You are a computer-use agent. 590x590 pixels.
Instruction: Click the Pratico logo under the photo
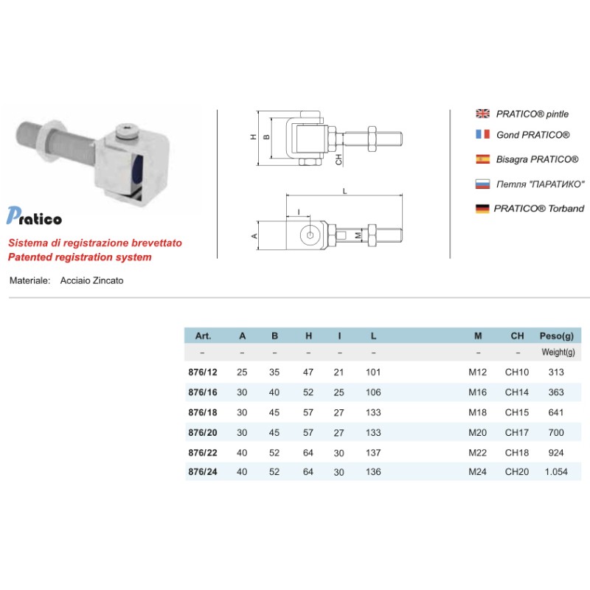click(34, 216)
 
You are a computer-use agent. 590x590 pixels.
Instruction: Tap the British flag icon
click(483, 114)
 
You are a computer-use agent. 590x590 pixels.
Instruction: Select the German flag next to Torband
click(483, 209)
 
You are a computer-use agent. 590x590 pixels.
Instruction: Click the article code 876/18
click(204, 414)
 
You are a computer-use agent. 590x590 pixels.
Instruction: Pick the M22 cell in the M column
click(478, 452)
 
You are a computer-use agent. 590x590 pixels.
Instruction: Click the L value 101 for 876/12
click(373, 372)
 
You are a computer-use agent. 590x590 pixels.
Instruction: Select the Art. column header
click(204, 336)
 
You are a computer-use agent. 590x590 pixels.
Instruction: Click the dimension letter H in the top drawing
click(253, 137)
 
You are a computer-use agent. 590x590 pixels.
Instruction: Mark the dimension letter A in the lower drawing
click(254, 236)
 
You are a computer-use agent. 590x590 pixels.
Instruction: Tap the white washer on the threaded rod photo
click(48, 141)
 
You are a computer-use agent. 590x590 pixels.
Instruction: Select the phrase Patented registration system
click(79, 257)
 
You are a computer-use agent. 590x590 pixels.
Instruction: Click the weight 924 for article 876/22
click(555, 452)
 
